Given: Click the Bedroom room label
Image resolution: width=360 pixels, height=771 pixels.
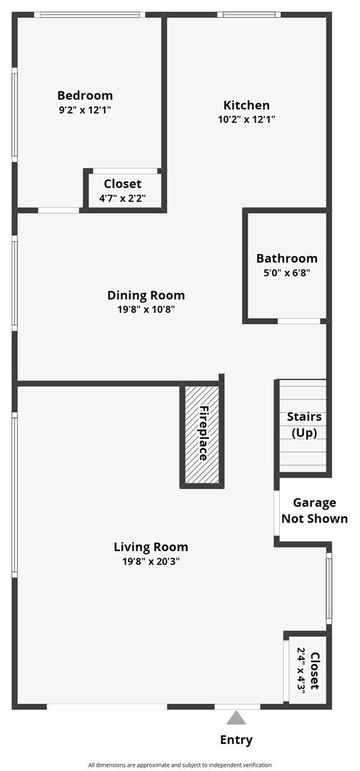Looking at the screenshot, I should tap(85, 96).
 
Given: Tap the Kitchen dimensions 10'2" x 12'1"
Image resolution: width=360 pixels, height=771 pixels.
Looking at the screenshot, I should tap(246, 119).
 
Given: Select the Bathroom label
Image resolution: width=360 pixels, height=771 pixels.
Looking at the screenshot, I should tap(286, 258).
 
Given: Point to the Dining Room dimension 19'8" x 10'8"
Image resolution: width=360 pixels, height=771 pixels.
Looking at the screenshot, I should tap(146, 309).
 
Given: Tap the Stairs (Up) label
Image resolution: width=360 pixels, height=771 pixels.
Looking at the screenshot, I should tap(304, 425).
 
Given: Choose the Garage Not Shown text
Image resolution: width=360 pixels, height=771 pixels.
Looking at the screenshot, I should tap(314, 510).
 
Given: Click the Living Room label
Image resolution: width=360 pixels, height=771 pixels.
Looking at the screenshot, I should tap(151, 547).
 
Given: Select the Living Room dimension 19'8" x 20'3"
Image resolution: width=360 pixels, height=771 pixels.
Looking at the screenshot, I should tap(151, 561).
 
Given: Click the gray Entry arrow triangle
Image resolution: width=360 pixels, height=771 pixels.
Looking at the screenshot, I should tap(236, 717).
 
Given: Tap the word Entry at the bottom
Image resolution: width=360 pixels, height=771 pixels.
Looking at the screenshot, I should tap(236, 740).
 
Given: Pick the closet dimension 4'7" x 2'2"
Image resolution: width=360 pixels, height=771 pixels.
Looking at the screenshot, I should tap(123, 198).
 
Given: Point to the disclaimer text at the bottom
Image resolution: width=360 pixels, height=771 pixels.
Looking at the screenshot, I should tap(179, 765).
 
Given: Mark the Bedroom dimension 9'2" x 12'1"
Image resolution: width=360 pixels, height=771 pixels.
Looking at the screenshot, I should tap(85, 110).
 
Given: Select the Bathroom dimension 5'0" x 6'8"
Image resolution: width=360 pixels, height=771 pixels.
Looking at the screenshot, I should tap(286, 273).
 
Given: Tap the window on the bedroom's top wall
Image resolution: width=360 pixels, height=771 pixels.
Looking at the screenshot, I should tap(89, 14).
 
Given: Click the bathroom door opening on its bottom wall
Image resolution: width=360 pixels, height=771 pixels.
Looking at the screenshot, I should tap(299, 321).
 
